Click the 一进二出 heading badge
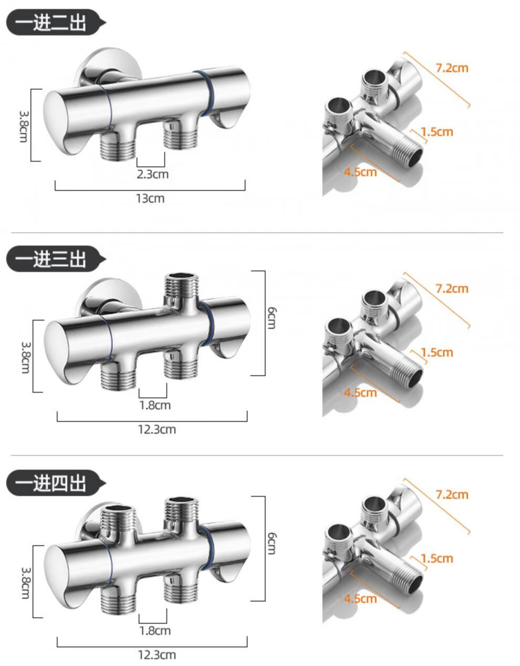point(55,23)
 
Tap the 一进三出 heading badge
point(55,258)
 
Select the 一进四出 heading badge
point(55,483)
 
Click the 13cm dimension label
point(150,199)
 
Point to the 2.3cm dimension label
point(153,174)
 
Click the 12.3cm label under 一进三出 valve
point(157,430)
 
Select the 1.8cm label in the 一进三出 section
point(155,405)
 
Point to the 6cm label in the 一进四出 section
point(272,544)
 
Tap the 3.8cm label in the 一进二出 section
point(24,126)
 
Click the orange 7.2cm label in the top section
point(452,68)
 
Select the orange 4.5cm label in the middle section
point(360,392)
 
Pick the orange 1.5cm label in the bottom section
point(437,558)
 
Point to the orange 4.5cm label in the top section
point(360,172)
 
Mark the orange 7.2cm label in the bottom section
point(452,495)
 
